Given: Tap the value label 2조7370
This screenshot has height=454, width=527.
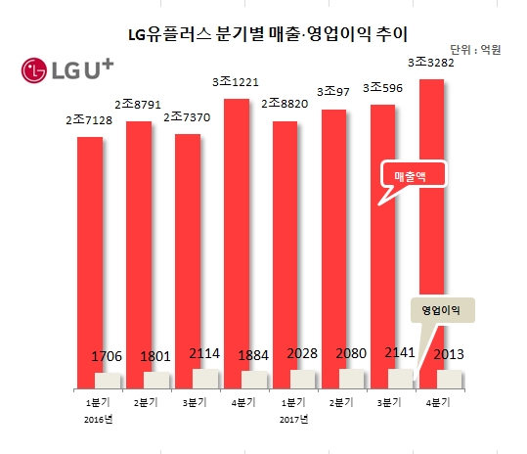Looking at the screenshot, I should pyautogui.click(x=187, y=116).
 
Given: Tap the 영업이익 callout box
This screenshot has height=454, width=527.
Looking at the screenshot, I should pyautogui.click(x=439, y=309).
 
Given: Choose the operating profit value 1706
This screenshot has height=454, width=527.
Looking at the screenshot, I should pyautogui.click(x=108, y=358).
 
